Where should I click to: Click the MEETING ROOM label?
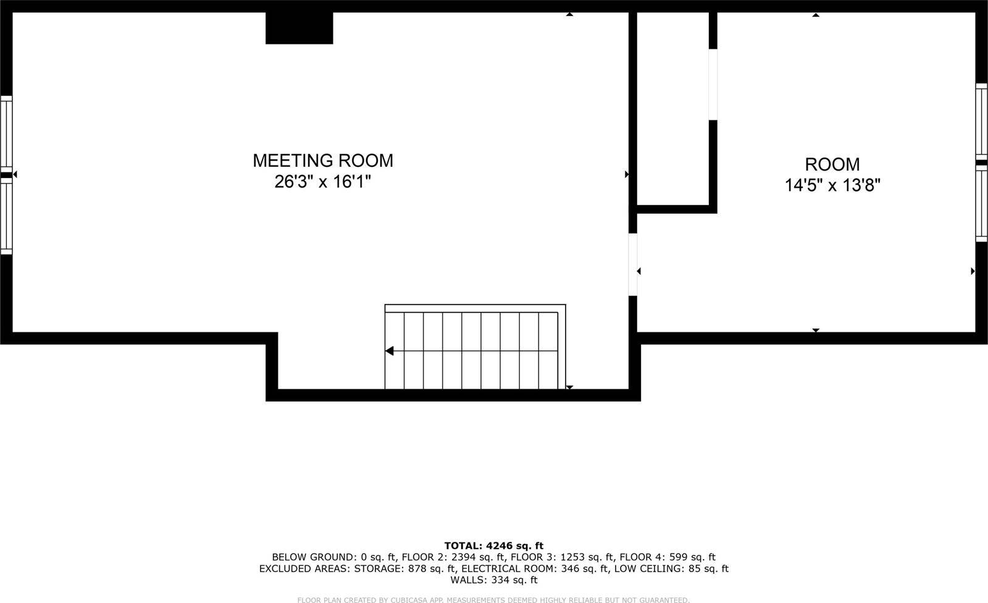(322, 161)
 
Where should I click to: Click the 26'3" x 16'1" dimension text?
(322, 182)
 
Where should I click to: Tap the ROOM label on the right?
(832, 164)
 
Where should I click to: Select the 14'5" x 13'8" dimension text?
(832, 185)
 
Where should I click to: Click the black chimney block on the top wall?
(299, 28)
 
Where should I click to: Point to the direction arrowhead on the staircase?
(390, 351)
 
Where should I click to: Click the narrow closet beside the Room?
(672, 108)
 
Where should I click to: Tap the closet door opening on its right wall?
(713, 84)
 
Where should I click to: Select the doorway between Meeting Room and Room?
(632, 264)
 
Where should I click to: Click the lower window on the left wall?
(6, 216)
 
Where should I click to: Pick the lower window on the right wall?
(981, 204)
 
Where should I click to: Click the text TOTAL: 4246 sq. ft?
(493, 546)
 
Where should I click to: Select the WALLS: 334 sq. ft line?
(493, 580)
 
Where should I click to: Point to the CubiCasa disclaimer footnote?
(493, 600)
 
